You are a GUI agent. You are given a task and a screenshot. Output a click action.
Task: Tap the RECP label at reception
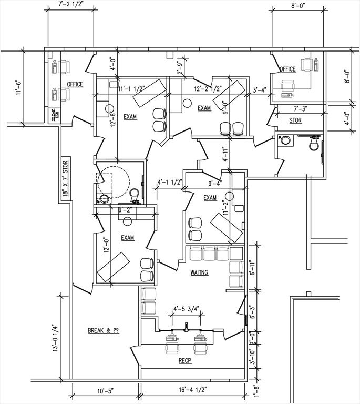pos(184,361)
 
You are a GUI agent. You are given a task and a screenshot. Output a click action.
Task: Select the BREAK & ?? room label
pos(103,331)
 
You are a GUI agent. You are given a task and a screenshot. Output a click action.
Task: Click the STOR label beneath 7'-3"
pos(295,120)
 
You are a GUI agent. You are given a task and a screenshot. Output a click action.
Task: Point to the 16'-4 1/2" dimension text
pos(192,391)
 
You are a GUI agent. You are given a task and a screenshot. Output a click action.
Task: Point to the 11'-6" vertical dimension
pos(19,87)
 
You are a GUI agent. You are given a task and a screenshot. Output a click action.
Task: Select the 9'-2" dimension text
pos(127,210)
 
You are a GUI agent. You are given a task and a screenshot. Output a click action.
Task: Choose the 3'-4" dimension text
pos(259,89)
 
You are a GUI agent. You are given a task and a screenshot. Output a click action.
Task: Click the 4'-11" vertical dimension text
pos(224,155)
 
